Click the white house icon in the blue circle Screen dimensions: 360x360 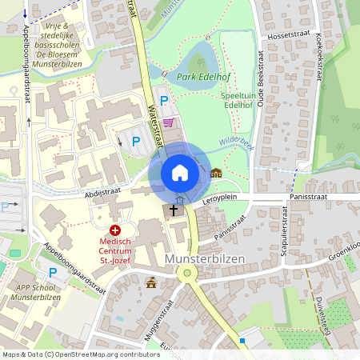tap(180, 173)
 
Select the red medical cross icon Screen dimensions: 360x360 tap(114, 230)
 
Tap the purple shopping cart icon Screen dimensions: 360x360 tap(168, 122)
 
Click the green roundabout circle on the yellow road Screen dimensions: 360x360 tap(187, 273)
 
